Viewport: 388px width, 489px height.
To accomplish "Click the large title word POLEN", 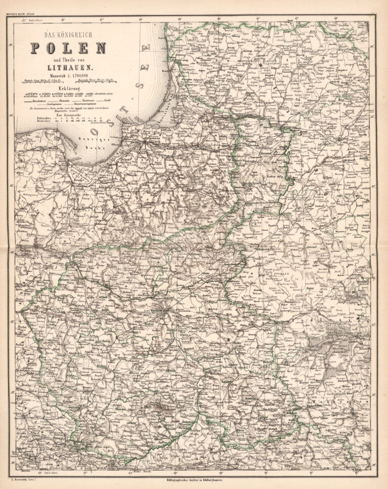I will [x=68, y=48].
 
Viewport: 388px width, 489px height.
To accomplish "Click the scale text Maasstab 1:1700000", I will [x=68, y=75].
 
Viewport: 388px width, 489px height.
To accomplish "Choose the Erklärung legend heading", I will [x=68, y=87].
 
